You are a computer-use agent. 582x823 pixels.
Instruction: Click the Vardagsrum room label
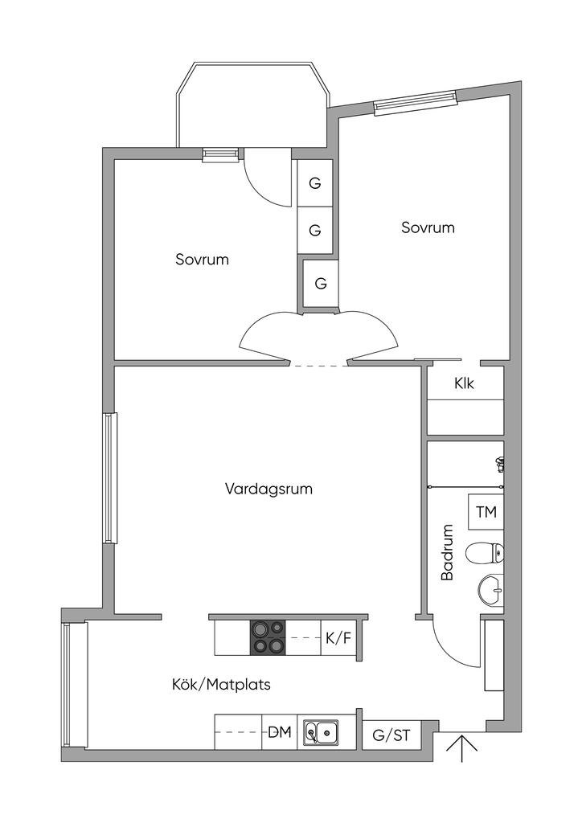pyautogui.click(x=268, y=488)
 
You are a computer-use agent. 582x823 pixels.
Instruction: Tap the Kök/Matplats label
pyautogui.click(x=221, y=685)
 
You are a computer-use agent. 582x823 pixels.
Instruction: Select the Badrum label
pyautogui.click(x=448, y=552)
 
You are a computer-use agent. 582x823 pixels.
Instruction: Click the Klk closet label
pyautogui.click(x=464, y=383)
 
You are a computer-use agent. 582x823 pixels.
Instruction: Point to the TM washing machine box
pyautogui.click(x=486, y=512)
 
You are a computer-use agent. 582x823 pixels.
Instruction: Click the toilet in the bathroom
pyautogui.click(x=485, y=554)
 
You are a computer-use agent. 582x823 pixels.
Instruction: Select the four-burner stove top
pyautogui.click(x=268, y=637)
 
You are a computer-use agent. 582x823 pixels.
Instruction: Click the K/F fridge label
pyautogui.click(x=338, y=640)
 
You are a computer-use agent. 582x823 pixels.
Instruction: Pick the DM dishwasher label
pyautogui.click(x=279, y=732)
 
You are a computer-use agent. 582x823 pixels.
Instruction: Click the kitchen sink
pyautogui.click(x=321, y=732)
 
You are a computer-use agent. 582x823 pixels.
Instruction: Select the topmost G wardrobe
pyautogui.click(x=315, y=183)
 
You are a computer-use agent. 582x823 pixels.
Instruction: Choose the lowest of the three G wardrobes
pyautogui.click(x=321, y=283)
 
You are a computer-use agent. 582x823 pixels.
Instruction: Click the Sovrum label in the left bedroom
pyautogui.click(x=202, y=260)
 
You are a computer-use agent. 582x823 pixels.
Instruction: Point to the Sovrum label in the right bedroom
pyautogui.click(x=428, y=227)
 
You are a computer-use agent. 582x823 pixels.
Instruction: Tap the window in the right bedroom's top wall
pyautogui.click(x=416, y=102)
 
